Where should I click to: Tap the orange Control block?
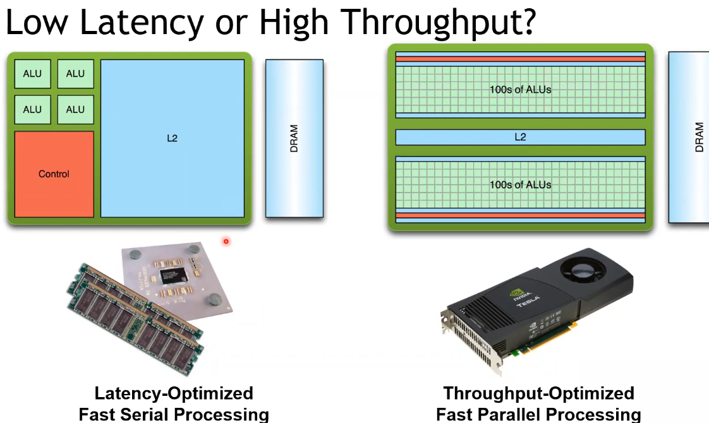[x=54, y=174]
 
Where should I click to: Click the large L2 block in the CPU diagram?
[x=172, y=138]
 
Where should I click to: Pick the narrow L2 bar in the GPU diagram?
[x=520, y=137]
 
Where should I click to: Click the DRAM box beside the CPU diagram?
[x=294, y=138]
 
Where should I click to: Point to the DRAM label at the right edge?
[x=699, y=137]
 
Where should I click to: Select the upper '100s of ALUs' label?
[x=520, y=90]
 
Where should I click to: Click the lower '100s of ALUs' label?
[x=520, y=185]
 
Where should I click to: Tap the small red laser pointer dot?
[x=226, y=241]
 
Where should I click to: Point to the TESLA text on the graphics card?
[x=533, y=304]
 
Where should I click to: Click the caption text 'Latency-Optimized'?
[x=174, y=393]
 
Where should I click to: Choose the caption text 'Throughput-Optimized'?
[x=538, y=393]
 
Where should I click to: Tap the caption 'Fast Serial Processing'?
[x=174, y=414]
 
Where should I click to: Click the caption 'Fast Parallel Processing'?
[x=538, y=414]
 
